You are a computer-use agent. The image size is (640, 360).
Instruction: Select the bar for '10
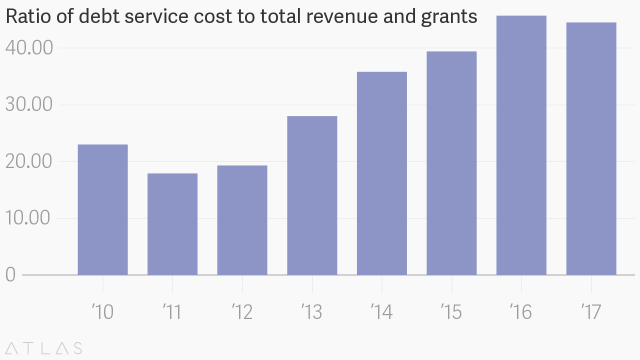(102, 209)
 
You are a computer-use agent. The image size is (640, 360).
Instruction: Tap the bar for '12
(242, 220)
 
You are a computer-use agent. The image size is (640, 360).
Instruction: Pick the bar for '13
(312, 195)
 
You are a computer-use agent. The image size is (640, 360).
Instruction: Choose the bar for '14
(381, 173)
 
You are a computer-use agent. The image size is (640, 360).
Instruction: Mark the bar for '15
(451, 163)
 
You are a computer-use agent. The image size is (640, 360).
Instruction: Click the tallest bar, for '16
(521, 145)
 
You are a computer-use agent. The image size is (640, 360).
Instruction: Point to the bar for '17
(591, 148)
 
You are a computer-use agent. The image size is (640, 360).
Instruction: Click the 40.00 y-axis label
(29, 48)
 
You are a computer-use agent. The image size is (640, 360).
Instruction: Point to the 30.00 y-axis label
(29, 105)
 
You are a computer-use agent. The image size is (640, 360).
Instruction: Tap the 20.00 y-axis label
(29, 161)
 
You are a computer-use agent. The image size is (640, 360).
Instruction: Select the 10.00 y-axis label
(29, 218)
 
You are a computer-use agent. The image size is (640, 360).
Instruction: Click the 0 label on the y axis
(10, 275)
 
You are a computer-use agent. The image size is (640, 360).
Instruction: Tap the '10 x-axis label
(102, 312)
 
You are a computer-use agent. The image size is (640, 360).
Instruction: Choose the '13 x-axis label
(312, 312)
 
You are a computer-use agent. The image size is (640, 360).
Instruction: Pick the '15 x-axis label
(451, 312)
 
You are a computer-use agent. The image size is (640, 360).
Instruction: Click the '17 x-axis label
(591, 312)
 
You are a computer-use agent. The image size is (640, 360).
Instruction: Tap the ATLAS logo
(44, 348)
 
